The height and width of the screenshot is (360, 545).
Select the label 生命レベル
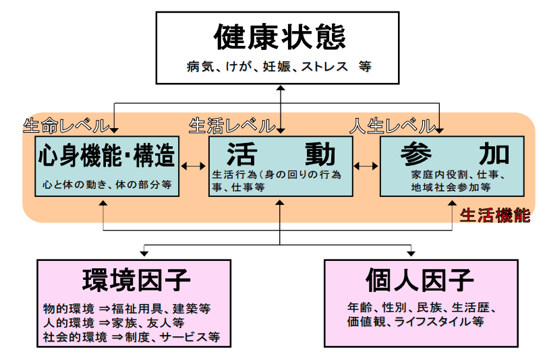[x=65, y=126]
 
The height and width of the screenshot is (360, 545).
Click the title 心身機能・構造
[x=107, y=156]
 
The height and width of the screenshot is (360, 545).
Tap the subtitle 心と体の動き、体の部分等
[x=107, y=183]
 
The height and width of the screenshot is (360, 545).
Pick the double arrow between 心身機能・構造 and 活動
[x=194, y=166]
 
